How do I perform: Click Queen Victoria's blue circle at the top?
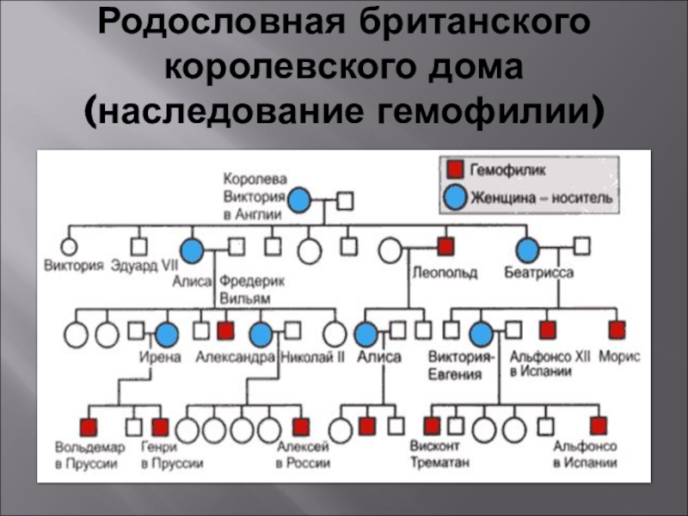(x=298, y=201)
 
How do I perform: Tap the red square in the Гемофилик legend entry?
(x=455, y=171)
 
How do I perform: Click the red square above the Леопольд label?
(x=445, y=247)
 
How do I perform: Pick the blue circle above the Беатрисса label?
(x=527, y=249)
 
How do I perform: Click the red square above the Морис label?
(x=617, y=329)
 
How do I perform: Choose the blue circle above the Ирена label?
(x=167, y=333)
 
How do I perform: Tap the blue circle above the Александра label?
(x=261, y=333)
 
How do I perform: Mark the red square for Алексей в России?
(x=300, y=426)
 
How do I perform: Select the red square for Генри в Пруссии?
(x=160, y=426)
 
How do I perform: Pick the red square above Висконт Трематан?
(x=432, y=426)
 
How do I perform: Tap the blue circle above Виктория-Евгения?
(x=482, y=333)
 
